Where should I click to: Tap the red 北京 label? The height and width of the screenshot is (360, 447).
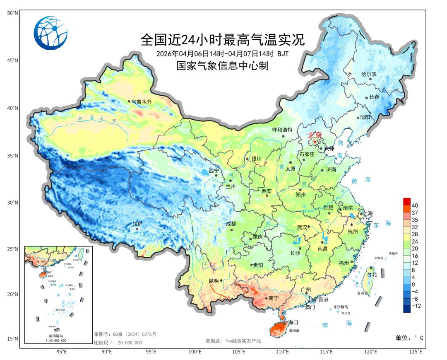coord(315,135)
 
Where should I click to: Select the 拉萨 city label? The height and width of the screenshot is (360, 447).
coord(137,224)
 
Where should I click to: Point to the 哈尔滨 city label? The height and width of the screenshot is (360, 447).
coord(369,75)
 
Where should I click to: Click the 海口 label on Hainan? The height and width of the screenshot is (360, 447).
coord(293,322)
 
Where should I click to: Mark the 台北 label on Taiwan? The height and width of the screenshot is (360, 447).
coord(372,274)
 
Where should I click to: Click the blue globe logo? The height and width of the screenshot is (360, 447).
coord(50,33)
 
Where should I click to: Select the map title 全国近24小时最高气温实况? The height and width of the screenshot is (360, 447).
coord(222,40)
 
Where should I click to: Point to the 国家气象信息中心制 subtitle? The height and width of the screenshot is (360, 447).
coord(222,65)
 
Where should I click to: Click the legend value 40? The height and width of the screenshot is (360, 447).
coord(415,205)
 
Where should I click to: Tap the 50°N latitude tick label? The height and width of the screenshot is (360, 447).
coord(12,13)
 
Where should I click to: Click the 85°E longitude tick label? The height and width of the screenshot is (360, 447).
coord(62,352)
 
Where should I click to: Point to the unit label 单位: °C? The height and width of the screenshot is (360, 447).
coord(410,338)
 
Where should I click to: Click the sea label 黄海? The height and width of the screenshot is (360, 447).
coord(361,180)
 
